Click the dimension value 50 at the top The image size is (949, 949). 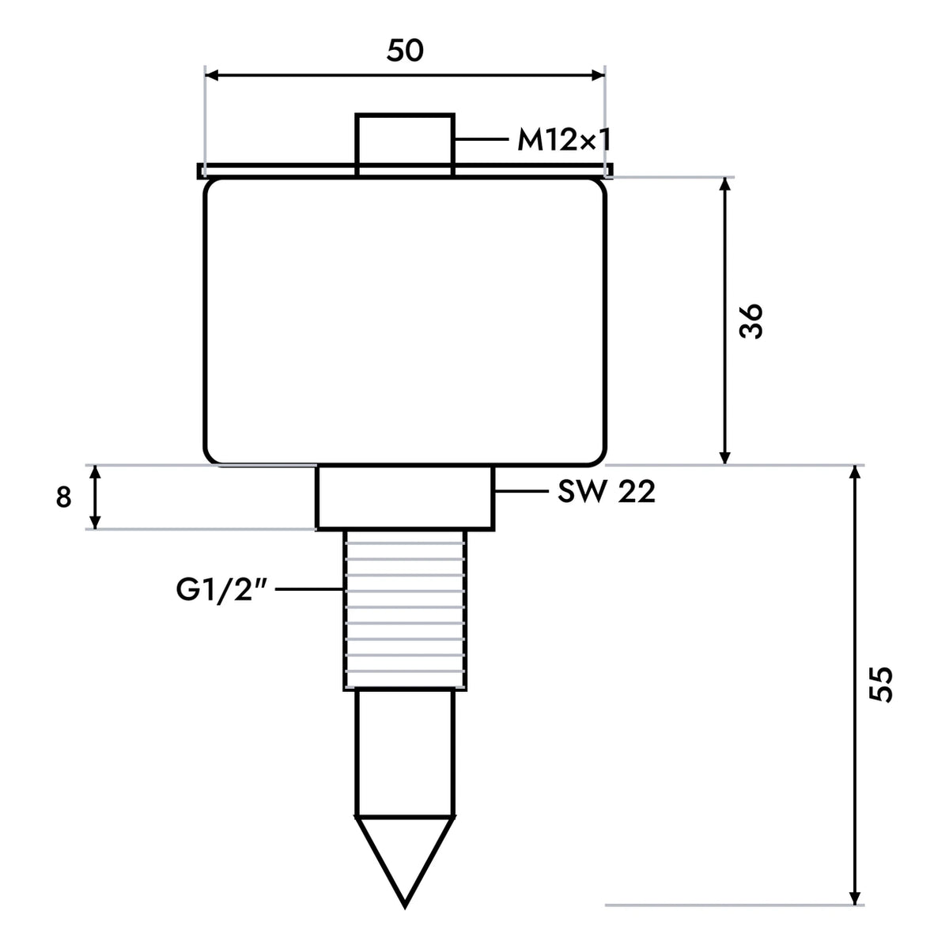(405, 51)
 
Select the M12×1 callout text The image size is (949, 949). (564, 140)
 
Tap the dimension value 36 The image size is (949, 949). (751, 320)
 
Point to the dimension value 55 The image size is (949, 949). (881, 685)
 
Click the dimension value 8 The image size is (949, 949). (63, 497)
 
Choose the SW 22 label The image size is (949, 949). (607, 491)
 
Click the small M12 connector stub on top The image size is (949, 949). (405, 145)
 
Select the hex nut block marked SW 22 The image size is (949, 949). (405, 498)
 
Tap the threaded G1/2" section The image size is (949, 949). (405, 611)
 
